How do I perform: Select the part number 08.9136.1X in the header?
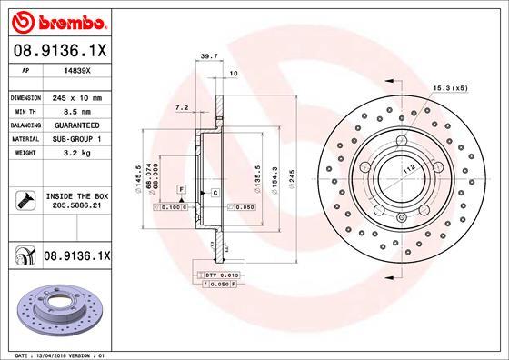coord(59,53)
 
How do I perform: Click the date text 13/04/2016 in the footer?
coord(56,355)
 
